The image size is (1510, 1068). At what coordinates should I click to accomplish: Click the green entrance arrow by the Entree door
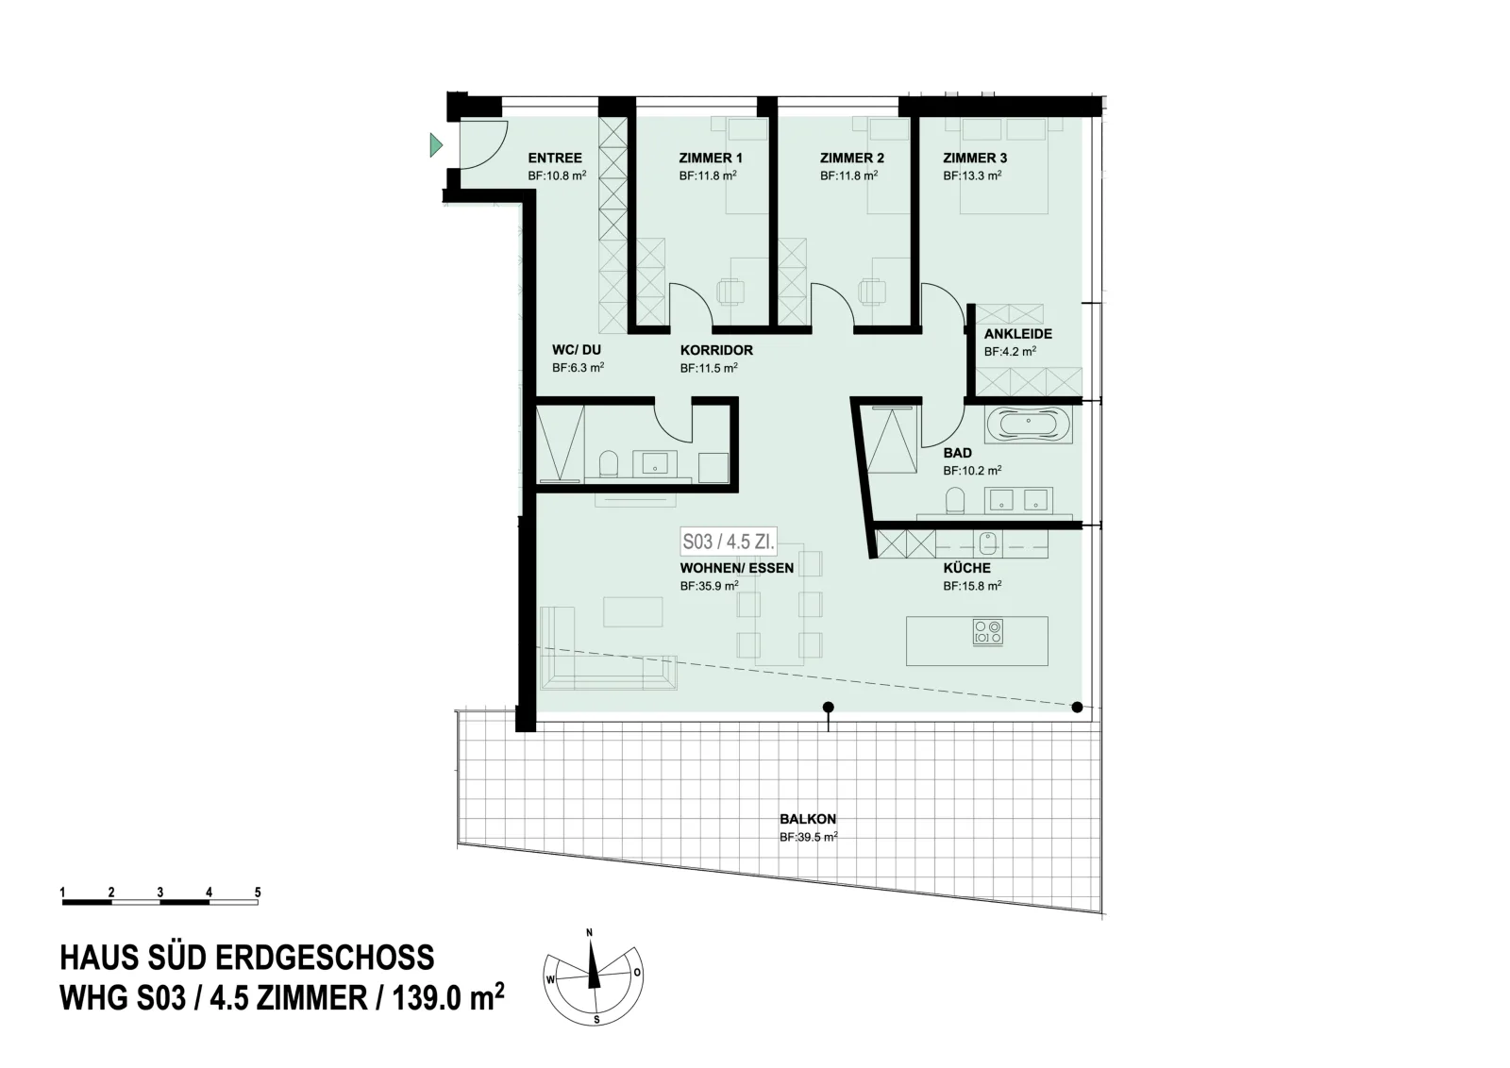436,145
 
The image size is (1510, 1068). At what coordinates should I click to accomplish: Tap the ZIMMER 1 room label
711,159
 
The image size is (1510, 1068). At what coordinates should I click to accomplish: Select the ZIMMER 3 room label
975,159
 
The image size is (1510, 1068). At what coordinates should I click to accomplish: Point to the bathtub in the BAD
1028,425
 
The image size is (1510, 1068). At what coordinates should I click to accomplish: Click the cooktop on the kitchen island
988,632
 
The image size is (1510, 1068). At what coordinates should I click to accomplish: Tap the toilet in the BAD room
954,501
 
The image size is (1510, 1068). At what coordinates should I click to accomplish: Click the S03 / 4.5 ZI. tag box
728,541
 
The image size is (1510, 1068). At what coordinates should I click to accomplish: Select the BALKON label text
808,819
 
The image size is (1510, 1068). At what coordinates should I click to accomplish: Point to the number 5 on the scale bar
258,893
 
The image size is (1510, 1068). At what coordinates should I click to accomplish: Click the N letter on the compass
589,932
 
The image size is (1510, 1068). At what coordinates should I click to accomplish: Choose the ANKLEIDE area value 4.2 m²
1010,352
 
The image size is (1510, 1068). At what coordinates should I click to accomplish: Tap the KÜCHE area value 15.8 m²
972,586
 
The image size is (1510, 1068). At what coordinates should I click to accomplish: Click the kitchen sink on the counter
988,543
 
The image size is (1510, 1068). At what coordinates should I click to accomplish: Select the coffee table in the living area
632,611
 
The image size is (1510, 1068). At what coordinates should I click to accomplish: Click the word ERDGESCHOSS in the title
325,958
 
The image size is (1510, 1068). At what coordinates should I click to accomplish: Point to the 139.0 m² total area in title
448,998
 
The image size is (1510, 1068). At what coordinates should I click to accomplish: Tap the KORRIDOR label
716,350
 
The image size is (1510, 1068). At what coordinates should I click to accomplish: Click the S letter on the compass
596,1020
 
